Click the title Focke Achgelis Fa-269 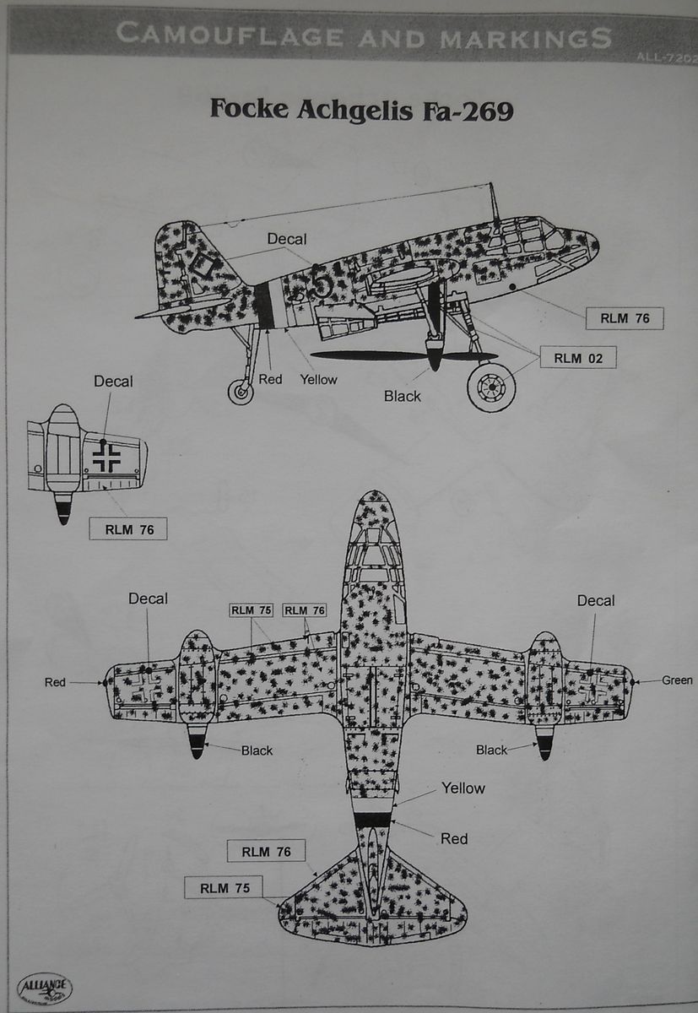pyautogui.click(x=360, y=110)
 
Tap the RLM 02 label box pyautogui.click(x=578, y=358)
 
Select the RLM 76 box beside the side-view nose pyautogui.click(x=625, y=318)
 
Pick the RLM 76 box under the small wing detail pyautogui.click(x=128, y=529)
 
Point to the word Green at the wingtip pyautogui.click(x=676, y=680)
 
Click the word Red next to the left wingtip pyautogui.click(x=55, y=682)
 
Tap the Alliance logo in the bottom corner pyautogui.click(x=44, y=989)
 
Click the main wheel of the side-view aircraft pyautogui.click(x=491, y=387)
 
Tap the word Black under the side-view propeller pyautogui.click(x=402, y=396)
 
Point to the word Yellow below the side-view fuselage pyautogui.click(x=318, y=380)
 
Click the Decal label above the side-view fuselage pyautogui.click(x=287, y=240)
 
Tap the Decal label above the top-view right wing pyautogui.click(x=595, y=601)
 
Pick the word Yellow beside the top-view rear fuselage pyautogui.click(x=463, y=788)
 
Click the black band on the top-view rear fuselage pyautogui.click(x=373, y=819)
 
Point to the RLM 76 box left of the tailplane pyautogui.click(x=266, y=852)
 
